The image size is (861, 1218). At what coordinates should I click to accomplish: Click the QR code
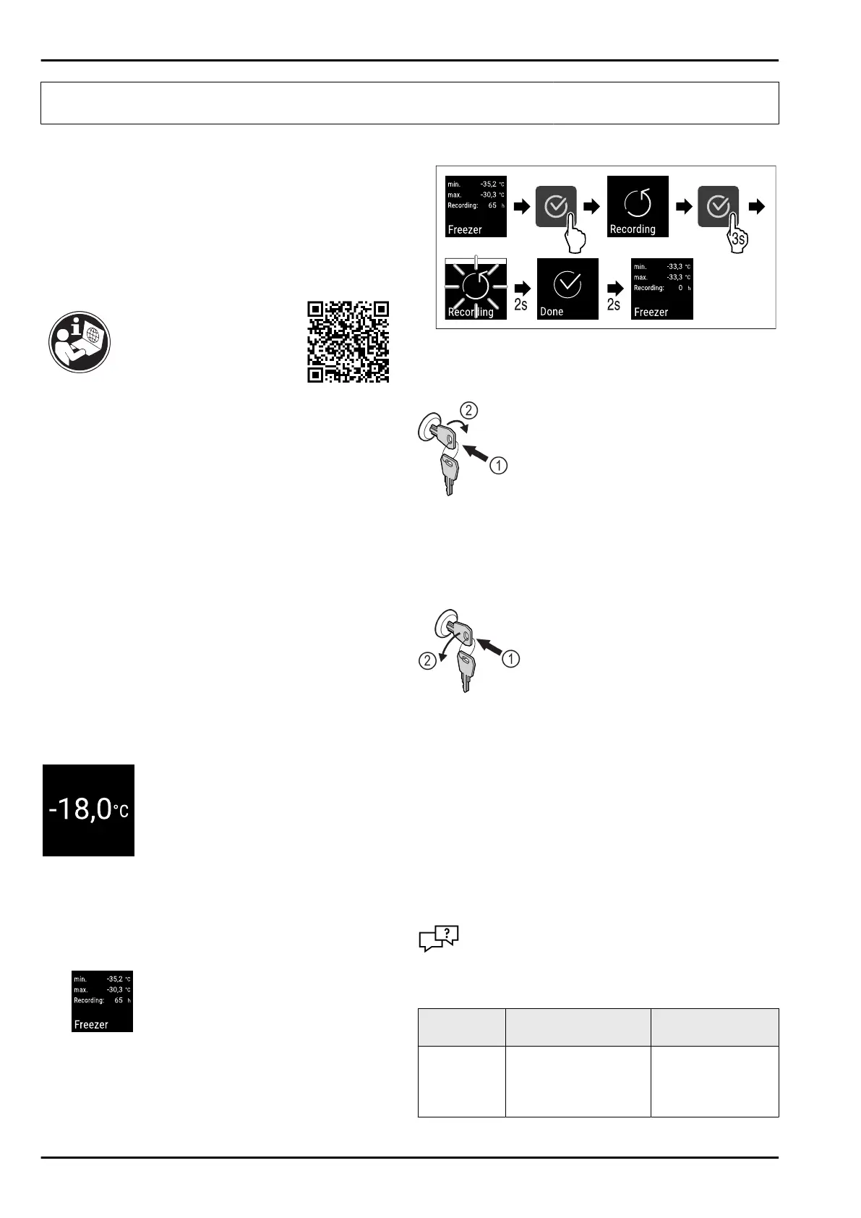348,341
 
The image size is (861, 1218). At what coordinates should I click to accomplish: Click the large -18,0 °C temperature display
88,810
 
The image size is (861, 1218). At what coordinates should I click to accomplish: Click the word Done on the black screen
552,312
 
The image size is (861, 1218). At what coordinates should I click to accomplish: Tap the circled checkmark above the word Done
567,285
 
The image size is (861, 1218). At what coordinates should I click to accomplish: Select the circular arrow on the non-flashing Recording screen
637,204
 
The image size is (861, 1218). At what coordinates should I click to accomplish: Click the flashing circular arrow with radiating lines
474,286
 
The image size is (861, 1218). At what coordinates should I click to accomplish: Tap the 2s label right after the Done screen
614,304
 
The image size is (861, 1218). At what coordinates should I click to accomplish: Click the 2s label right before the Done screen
521,304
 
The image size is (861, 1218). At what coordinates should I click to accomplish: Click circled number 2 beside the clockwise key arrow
469,411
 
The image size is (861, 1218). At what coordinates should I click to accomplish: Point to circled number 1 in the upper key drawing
498,467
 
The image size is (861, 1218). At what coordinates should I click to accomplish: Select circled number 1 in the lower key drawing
511,658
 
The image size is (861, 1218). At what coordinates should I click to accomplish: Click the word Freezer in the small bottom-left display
91,1024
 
